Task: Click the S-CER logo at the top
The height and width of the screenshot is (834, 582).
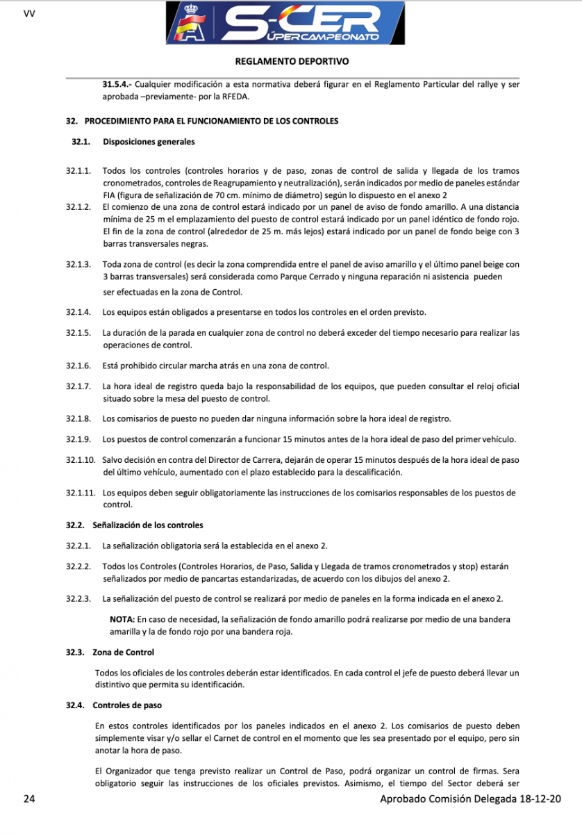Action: coord(291,24)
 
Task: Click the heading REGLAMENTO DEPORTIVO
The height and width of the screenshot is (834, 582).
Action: coord(292,61)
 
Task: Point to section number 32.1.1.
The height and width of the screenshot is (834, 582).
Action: coord(78,171)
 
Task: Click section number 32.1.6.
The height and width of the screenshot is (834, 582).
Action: coord(78,366)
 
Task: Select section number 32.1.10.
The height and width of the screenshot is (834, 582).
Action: coord(81,460)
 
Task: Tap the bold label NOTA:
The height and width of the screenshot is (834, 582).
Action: coord(122,619)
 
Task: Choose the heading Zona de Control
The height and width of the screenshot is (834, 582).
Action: coord(123,652)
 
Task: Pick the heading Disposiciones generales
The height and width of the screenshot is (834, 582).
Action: coord(149,142)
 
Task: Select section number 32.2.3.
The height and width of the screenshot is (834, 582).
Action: coord(78,598)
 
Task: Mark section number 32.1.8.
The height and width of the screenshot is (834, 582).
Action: coord(78,418)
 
